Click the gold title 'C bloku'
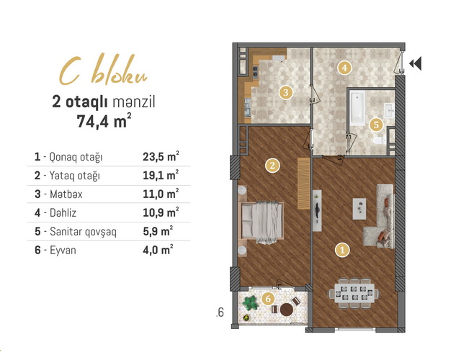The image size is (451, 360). (103, 70)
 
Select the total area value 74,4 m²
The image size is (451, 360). (104, 121)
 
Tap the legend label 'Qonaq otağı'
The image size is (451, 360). (76, 157)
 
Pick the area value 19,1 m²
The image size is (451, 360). (161, 175)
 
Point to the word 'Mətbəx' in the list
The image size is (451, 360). (66, 194)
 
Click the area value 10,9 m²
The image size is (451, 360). (161, 212)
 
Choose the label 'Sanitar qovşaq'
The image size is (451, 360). (83, 232)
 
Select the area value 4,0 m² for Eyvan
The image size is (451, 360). (158, 250)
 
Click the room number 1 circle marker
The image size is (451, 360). (342, 250)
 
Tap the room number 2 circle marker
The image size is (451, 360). (272, 166)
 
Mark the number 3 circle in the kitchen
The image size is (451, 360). (285, 93)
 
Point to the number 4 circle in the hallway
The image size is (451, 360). (344, 68)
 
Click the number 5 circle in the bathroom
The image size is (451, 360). (376, 125)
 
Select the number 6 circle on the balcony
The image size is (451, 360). (268, 299)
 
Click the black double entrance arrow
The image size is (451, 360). (415, 63)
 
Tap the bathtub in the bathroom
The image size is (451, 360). (357, 107)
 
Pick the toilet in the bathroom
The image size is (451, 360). (380, 140)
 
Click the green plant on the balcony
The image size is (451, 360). (250, 302)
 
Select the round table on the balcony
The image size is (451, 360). (287, 310)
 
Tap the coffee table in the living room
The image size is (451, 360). (360, 209)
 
